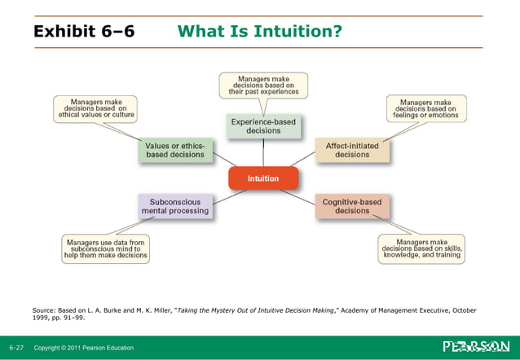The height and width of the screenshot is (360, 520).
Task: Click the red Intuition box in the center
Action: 262,178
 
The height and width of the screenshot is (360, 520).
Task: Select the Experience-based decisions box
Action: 262,126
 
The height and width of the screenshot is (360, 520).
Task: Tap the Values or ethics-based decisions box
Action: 174,150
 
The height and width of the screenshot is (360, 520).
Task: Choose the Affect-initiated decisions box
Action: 352,150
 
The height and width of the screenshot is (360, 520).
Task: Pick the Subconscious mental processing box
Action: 174,205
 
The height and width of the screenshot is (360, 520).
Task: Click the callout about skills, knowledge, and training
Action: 422,248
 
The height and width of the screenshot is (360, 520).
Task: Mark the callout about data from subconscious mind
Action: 106,248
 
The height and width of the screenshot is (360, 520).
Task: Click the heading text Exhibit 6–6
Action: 84,32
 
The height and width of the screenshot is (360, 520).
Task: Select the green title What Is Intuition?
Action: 259,32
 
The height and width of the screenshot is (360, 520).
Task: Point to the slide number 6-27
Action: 16,348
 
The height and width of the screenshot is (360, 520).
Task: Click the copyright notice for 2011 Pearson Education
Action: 83,348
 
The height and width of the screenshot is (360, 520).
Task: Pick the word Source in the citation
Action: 44,310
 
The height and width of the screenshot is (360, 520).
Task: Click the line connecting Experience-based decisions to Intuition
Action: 262,153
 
